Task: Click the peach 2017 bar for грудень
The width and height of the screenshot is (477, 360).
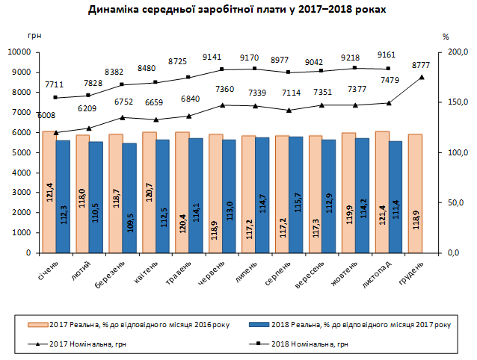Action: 414,193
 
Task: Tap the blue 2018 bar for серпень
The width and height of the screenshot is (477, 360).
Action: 295,194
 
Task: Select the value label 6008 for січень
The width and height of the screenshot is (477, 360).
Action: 48,115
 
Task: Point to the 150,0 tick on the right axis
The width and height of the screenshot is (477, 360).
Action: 456,102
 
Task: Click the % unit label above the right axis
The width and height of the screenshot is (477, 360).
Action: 446,36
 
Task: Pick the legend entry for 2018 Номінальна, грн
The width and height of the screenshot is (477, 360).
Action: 311,344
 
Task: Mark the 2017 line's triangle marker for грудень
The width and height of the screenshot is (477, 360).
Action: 422,77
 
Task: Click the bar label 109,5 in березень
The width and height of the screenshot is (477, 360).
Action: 129,223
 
